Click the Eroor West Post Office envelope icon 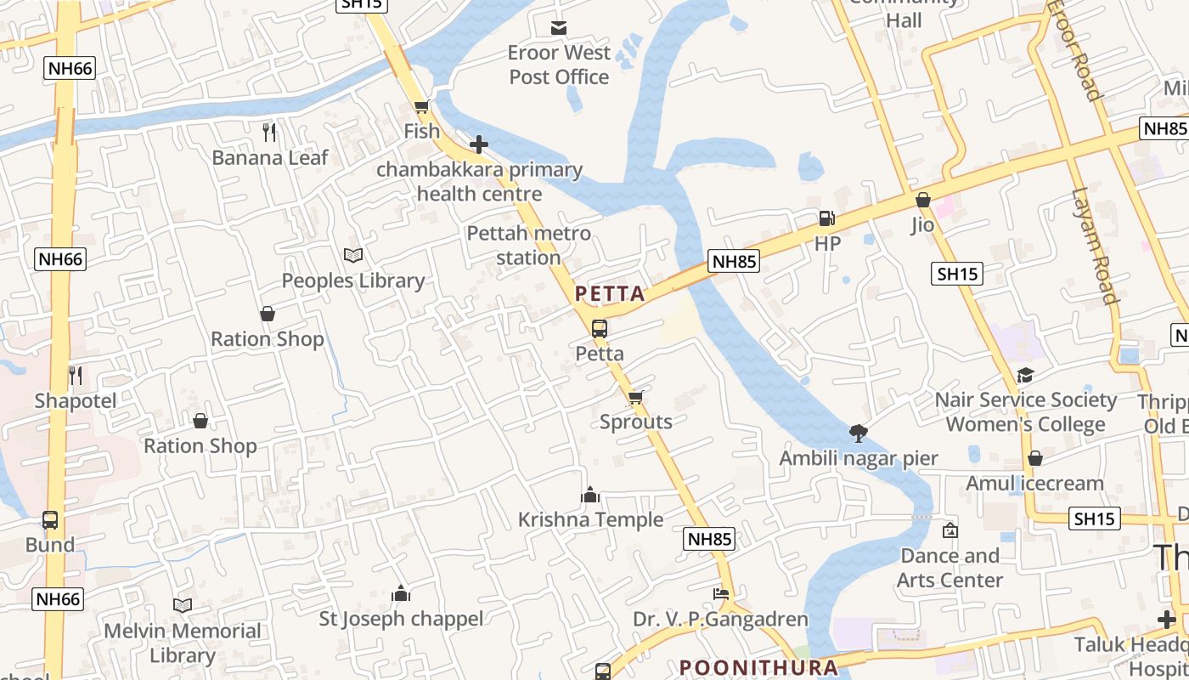[x=559, y=28]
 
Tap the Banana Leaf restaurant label [x=269, y=157]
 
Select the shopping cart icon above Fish [x=421, y=107]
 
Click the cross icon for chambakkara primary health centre [x=479, y=144]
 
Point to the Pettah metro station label [x=528, y=245]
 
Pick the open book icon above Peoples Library [x=353, y=255]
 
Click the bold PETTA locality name [x=610, y=294]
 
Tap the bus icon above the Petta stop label [x=600, y=328]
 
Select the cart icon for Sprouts [x=636, y=397]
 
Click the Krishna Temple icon [x=590, y=495]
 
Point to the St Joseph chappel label [x=401, y=619]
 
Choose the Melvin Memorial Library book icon [x=183, y=605]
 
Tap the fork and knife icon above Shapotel [x=76, y=375]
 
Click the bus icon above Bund [x=50, y=519]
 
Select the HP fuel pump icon [x=826, y=218]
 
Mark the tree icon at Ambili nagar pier [x=859, y=433]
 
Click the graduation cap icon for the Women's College [x=1025, y=375]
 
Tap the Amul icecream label [x=1034, y=484]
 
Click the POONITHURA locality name [x=759, y=667]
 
